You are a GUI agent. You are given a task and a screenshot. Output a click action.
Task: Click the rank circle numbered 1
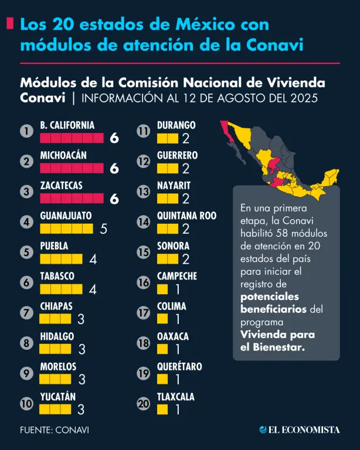[x=26, y=131]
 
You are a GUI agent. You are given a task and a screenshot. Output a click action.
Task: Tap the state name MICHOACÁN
[x=63, y=155]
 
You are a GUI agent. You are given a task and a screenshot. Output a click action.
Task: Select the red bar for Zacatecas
[x=73, y=199]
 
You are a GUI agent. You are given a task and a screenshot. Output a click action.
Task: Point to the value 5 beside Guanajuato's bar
[x=104, y=229]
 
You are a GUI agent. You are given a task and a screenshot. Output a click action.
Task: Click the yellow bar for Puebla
[x=62, y=258]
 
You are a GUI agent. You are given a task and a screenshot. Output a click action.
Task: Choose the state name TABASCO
[x=57, y=276]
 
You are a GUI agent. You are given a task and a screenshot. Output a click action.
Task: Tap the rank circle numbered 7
[x=26, y=312]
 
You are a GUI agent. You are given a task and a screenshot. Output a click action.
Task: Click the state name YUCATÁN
[x=58, y=397]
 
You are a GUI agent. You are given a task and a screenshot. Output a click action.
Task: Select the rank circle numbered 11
[x=144, y=131]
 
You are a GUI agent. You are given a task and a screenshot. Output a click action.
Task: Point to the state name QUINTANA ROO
[x=186, y=216]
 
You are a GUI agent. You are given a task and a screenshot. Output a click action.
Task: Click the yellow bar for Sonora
[x=168, y=258]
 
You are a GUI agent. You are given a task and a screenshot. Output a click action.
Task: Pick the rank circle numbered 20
[x=144, y=403]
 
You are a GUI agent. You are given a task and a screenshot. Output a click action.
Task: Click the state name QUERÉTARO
[x=179, y=367]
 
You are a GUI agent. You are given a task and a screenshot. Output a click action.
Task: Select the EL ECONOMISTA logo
[x=300, y=429]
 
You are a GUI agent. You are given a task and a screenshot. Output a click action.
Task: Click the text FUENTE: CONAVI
[x=55, y=429]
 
